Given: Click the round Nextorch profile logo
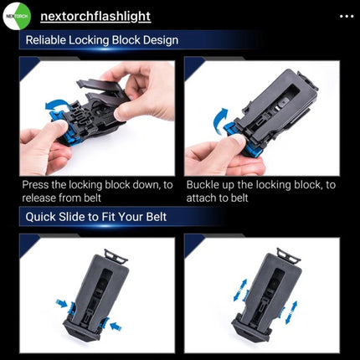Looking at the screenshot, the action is pyautogui.click(x=17, y=16).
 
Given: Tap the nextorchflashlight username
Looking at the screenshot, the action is pyautogui.click(x=95, y=17).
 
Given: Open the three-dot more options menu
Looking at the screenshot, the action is pyautogui.click(x=347, y=17).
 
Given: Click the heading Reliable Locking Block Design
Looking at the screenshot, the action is pyautogui.click(x=102, y=40).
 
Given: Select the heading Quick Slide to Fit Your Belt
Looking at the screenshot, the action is pyautogui.click(x=96, y=217).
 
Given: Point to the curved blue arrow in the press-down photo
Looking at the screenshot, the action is pyautogui.click(x=57, y=105).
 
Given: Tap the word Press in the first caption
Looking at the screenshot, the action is pyautogui.click(x=34, y=185).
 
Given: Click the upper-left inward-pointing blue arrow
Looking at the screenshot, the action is pyautogui.click(x=62, y=303).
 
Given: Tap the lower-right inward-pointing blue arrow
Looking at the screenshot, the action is pyautogui.click(x=116, y=326).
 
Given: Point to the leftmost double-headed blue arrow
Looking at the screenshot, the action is pyautogui.click(x=240, y=291).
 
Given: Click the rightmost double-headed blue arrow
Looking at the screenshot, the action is pyautogui.click(x=291, y=312).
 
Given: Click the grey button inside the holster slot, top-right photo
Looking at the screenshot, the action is pyautogui.click(x=282, y=103).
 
